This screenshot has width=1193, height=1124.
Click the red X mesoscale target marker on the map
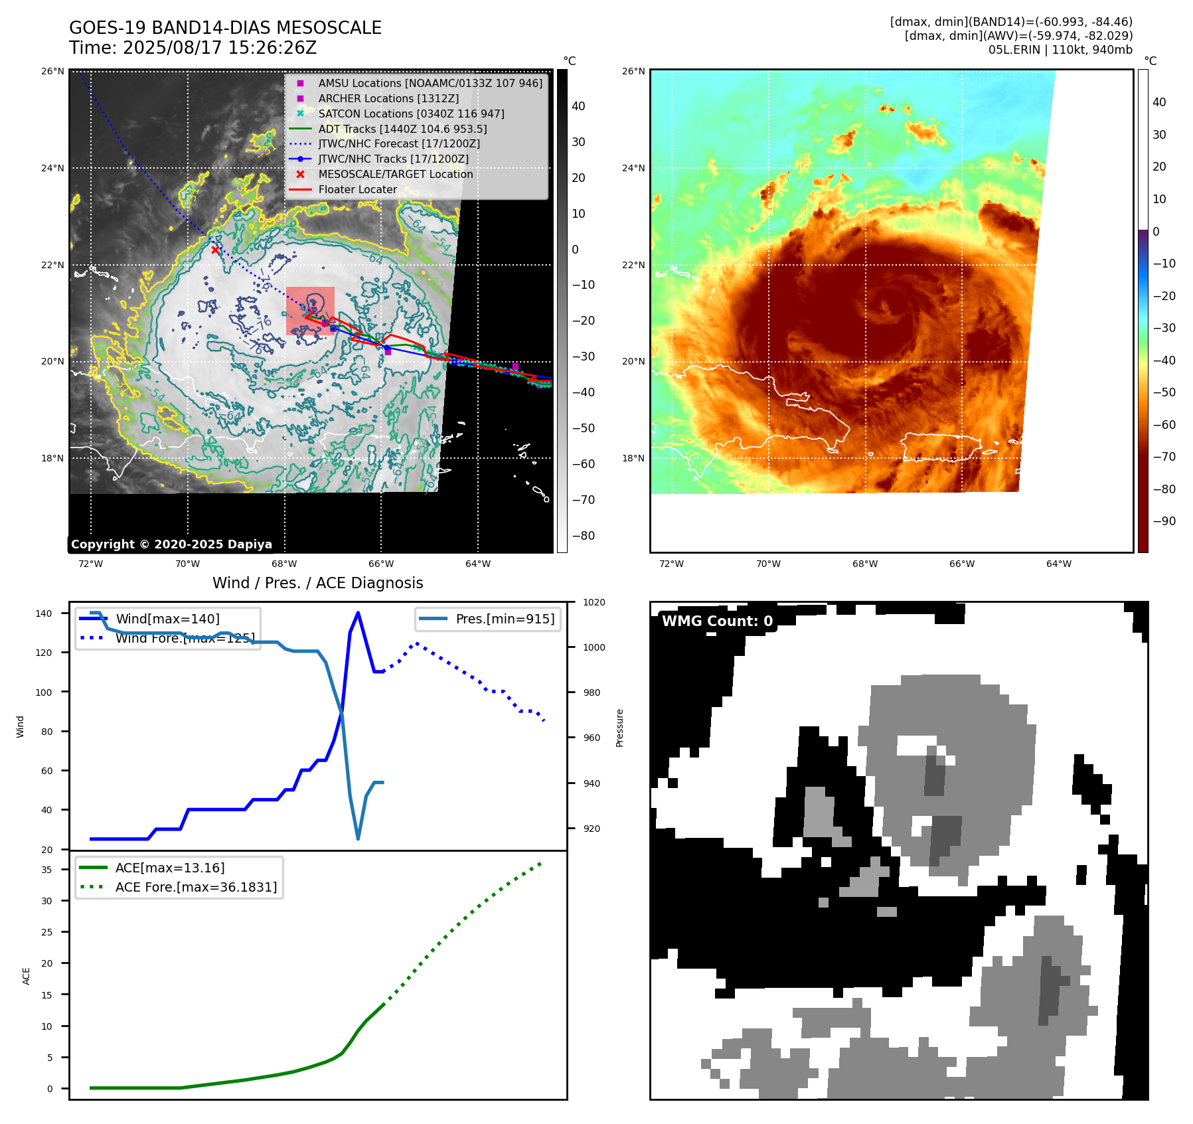215,250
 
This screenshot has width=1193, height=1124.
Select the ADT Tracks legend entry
402,129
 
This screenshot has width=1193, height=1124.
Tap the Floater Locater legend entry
357,189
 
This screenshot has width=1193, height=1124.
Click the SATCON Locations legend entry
411,114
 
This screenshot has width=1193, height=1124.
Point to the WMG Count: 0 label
717,621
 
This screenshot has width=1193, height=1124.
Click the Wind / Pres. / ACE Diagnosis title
317,583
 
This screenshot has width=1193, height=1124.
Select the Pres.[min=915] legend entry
505,619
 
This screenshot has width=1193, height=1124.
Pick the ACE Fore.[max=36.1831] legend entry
196,887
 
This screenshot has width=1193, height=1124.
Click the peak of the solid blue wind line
358,613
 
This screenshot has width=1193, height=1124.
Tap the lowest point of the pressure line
358,839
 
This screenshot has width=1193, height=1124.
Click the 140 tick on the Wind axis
43,613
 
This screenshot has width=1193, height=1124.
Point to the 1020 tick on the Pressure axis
594,603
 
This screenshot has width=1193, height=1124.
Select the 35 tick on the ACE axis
46,870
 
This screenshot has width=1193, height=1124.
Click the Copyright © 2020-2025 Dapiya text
171,544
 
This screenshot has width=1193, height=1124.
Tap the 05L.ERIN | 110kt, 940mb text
1060,50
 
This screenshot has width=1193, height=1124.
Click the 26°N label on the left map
53,71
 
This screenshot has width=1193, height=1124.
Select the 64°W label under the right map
1058,564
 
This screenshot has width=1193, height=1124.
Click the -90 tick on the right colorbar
1164,521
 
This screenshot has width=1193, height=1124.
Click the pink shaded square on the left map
310,311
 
